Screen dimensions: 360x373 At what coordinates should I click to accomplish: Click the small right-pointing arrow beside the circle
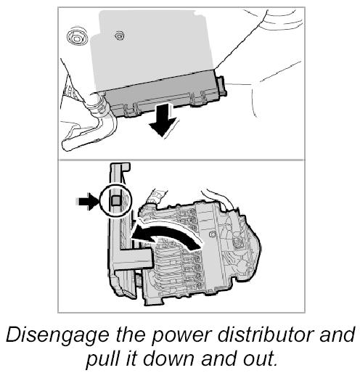(x=87, y=201)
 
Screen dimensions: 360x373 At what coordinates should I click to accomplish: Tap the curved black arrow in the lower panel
(x=167, y=235)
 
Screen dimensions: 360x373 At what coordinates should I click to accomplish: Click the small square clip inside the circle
(x=115, y=200)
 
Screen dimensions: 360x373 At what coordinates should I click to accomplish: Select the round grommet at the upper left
(x=77, y=38)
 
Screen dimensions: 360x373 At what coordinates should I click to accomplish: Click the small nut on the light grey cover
(x=119, y=36)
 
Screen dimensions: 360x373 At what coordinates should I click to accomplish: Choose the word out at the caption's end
(x=259, y=359)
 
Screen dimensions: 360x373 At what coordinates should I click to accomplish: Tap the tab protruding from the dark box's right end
(x=221, y=85)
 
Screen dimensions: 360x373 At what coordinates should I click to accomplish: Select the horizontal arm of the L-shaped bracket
(x=134, y=258)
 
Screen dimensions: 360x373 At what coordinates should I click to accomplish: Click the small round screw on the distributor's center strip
(x=213, y=234)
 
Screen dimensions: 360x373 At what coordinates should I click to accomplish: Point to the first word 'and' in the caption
(x=337, y=335)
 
